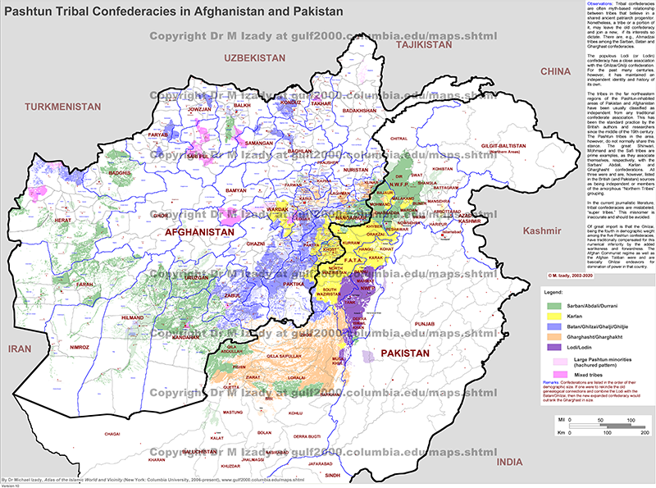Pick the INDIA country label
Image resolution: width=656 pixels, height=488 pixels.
tap(508, 463)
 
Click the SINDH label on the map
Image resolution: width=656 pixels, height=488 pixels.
tap(332, 476)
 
